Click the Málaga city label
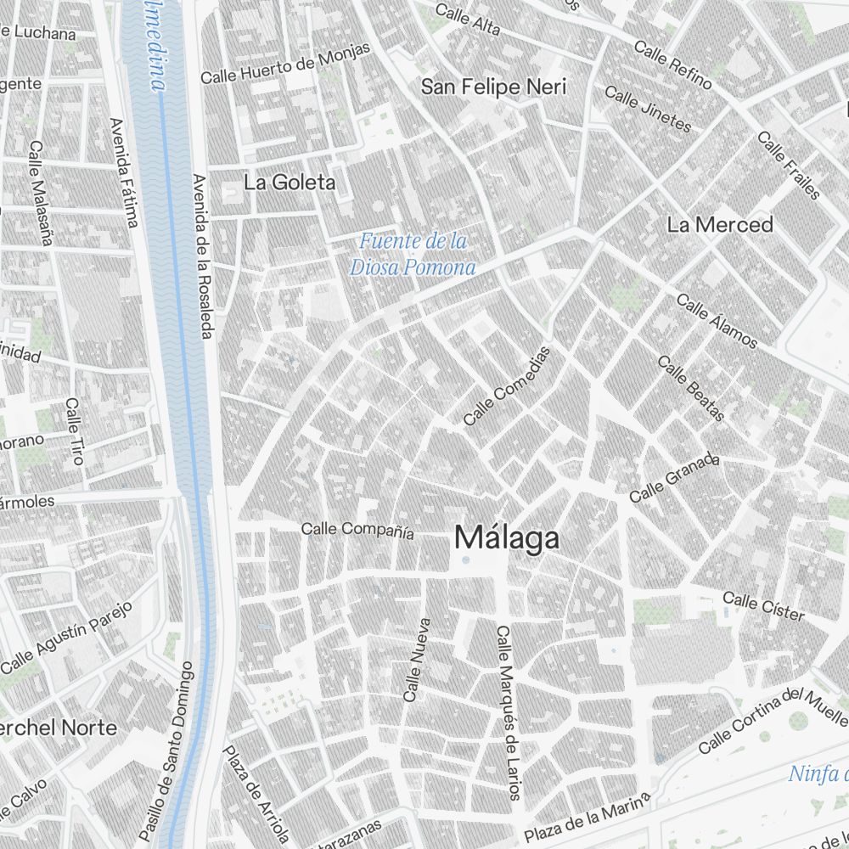click(x=507, y=538)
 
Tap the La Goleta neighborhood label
click(x=290, y=183)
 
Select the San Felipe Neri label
click(x=494, y=87)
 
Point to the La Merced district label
click(x=720, y=225)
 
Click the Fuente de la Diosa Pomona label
click(x=412, y=255)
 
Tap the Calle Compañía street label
click(x=357, y=530)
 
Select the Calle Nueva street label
click(x=417, y=660)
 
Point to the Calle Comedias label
click(x=507, y=386)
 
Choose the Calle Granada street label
click(x=674, y=477)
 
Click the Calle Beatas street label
click(x=691, y=389)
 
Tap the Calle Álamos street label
click(x=717, y=321)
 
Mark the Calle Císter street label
click(x=762, y=607)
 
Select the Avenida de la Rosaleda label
click(x=201, y=256)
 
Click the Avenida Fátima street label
click(x=124, y=174)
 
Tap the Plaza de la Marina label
click(x=587, y=818)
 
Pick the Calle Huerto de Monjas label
click(x=285, y=64)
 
